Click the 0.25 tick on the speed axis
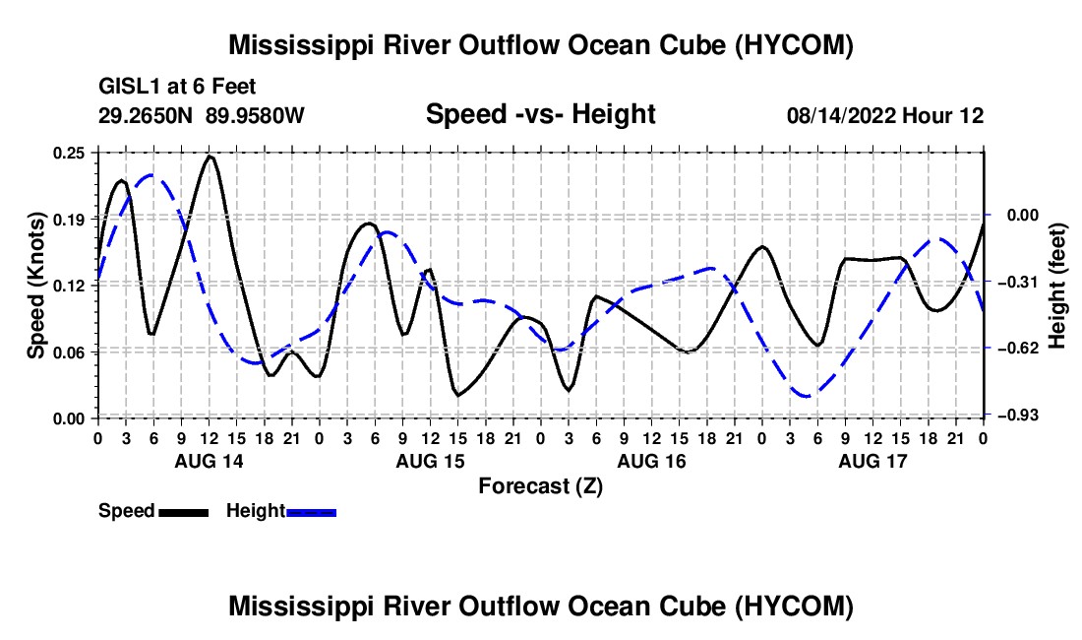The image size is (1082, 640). click(x=69, y=153)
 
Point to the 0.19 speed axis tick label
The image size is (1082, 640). click(x=69, y=220)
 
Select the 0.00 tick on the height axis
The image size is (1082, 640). click(x=1023, y=216)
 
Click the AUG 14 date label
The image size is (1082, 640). click(x=210, y=461)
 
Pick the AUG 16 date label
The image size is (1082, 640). click(x=651, y=461)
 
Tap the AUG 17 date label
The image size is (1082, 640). click(x=872, y=461)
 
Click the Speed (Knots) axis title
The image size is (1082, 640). click(x=35, y=286)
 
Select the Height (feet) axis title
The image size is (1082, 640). click(x=1057, y=286)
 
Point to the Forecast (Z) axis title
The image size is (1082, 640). click(x=540, y=486)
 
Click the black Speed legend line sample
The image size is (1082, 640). click(x=184, y=512)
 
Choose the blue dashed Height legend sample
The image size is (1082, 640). click(x=311, y=512)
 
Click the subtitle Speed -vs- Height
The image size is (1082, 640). click(x=540, y=114)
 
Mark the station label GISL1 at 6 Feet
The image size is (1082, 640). click(x=177, y=87)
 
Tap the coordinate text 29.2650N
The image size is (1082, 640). click(x=146, y=115)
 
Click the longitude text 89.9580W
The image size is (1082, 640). click(x=255, y=115)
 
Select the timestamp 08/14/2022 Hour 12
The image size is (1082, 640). click(x=885, y=115)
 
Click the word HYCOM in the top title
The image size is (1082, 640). click(x=794, y=45)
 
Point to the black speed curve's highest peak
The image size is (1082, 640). click(x=210, y=157)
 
